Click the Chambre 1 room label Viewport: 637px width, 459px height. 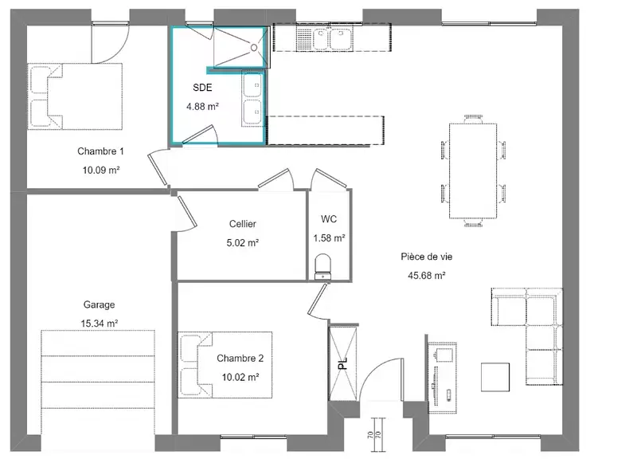point(100,151)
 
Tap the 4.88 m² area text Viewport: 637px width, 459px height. point(202,107)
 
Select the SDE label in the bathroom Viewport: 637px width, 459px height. point(202,88)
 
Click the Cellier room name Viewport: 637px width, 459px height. point(243,224)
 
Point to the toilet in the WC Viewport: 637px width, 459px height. point(323,267)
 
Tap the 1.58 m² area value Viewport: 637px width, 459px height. point(329,237)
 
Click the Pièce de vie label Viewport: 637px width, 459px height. point(427,257)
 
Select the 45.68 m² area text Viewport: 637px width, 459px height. point(427,276)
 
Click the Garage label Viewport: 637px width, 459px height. point(99,304)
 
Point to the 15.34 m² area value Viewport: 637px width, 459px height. point(99,324)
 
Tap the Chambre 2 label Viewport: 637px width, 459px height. point(240,358)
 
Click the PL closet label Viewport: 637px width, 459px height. point(343,363)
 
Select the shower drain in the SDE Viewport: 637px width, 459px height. point(254,48)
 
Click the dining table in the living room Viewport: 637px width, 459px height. point(473,171)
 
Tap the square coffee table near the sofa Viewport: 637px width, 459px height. point(495,377)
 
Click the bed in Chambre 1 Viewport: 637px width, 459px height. point(75,96)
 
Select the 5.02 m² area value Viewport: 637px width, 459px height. point(243,243)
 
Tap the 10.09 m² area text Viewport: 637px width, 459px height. point(101,171)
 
